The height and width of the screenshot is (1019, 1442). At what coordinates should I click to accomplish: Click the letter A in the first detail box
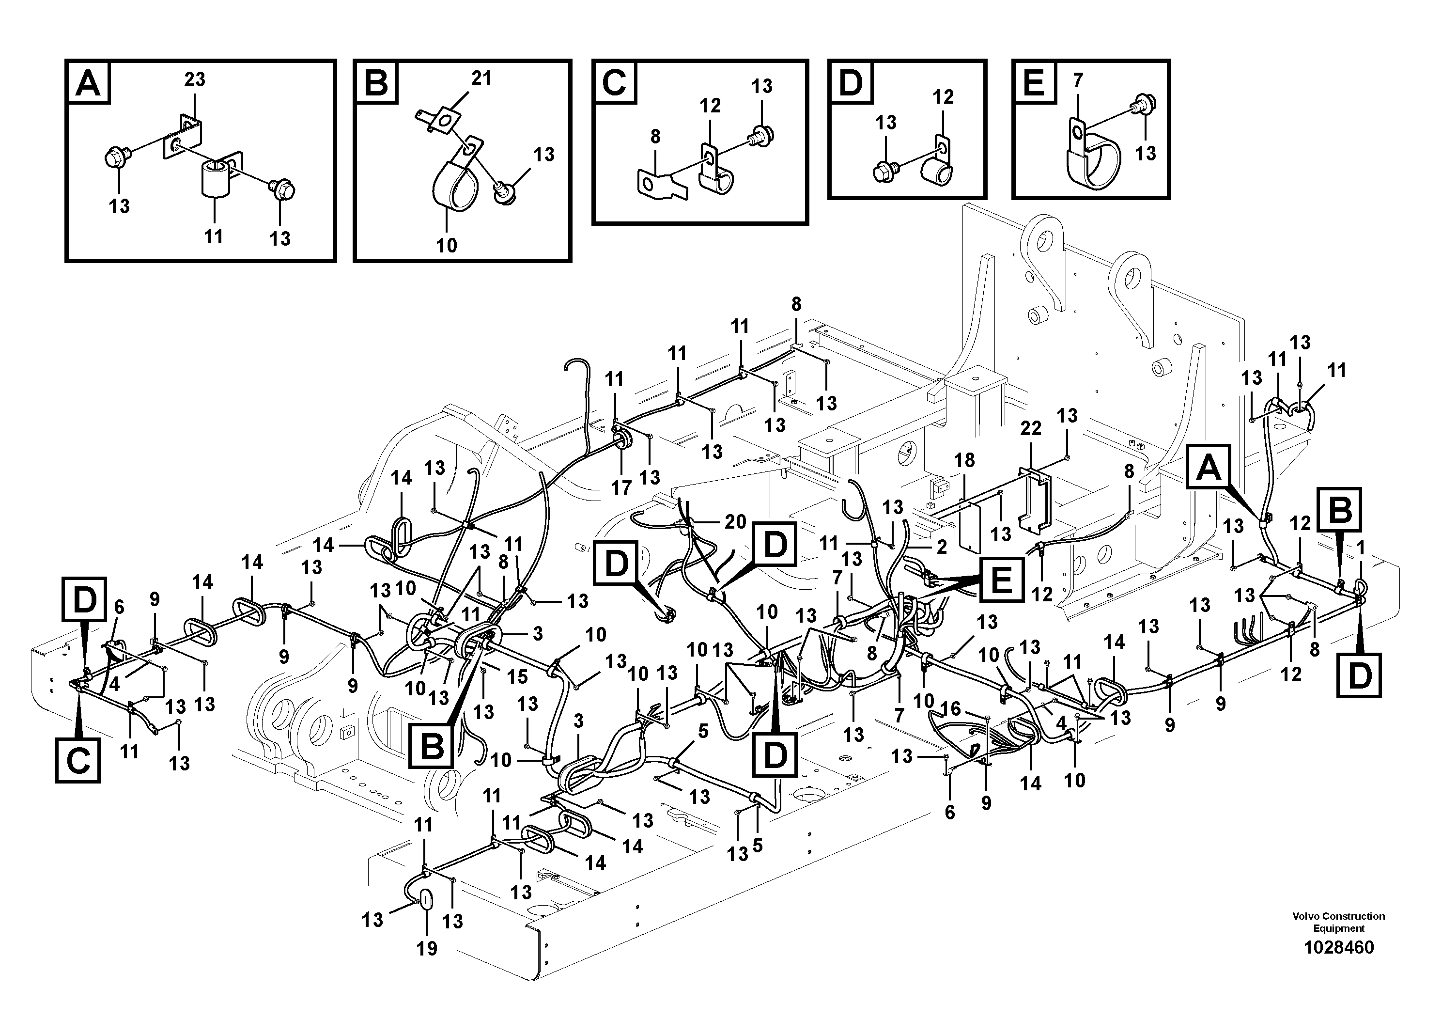88,83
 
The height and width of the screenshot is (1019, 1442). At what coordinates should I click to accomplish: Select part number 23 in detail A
194,80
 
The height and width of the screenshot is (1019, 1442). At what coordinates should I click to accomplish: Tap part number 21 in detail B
481,78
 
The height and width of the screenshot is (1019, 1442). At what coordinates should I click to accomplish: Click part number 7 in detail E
1078,80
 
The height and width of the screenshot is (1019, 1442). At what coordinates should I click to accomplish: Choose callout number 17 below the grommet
621,487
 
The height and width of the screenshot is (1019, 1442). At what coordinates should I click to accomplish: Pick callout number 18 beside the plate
965,460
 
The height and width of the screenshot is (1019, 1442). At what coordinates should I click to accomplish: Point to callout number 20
735,521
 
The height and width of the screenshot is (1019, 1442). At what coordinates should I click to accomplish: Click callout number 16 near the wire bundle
950,709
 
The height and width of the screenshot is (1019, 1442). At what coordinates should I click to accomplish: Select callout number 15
517,676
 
